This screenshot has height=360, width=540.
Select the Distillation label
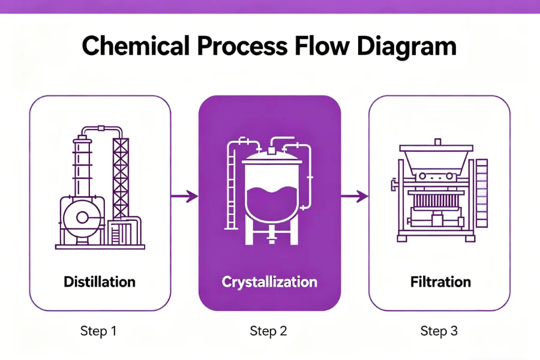pos(100,281)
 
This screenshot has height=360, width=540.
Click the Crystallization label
pos(269,281)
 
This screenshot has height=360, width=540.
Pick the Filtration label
pos(440,281)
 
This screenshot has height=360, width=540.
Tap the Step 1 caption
pos(100,331)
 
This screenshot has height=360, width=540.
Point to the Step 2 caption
pos(269,331)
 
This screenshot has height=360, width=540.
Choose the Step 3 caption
pos(440,331)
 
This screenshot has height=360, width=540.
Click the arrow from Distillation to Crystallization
pos(184,196)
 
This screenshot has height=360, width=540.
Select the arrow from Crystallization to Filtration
pos(354,196)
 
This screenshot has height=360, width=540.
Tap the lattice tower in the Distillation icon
pos(121,174)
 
